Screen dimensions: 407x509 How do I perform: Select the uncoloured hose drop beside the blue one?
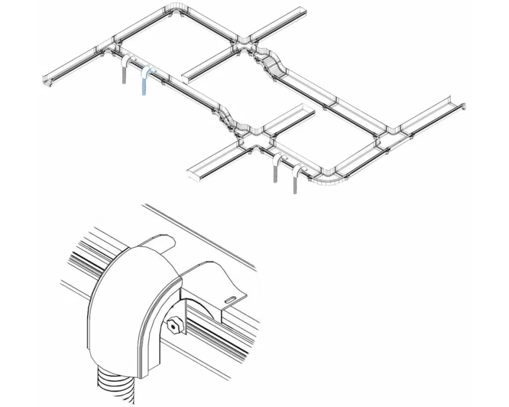pos(124,69)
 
